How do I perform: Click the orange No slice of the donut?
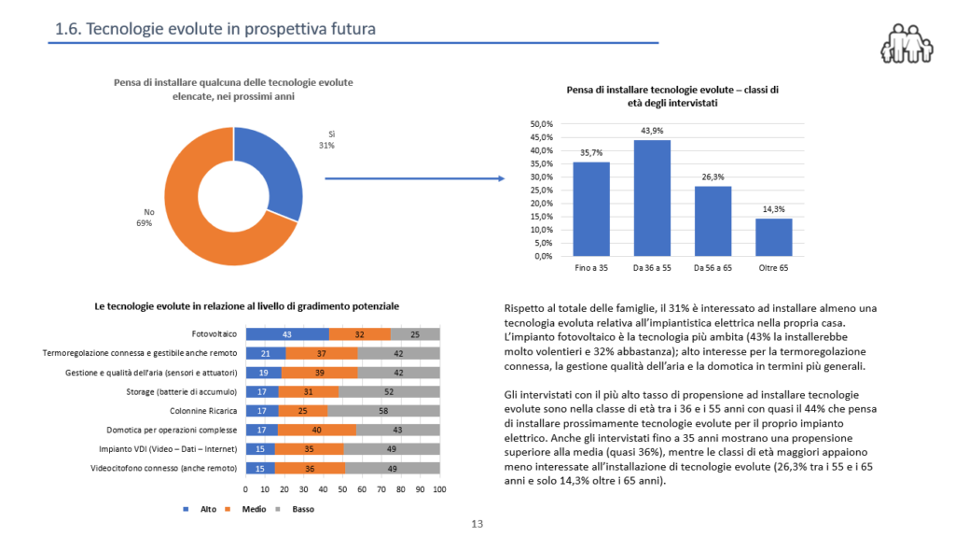click(201, 233)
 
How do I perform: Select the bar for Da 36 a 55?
click(652, 197)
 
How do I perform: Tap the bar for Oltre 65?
click(773, 237)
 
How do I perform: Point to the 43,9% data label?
click(652, 131)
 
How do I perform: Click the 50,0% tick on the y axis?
click(541, 124)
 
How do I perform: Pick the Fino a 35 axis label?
click(591, 268)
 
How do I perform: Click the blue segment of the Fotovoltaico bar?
click(287, 333)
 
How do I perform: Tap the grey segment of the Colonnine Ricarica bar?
click(383, 410)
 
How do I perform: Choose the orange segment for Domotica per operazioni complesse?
click(316, 430)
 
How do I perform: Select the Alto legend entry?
click(203, 508)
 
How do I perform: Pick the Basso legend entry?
click(298, 508)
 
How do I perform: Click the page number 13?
click(477, 524)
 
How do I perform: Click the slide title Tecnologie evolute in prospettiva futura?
click(215, 29)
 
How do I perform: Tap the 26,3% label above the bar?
click(713, 176)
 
